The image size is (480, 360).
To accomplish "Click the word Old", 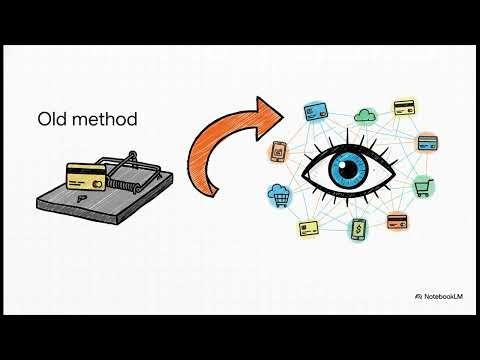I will [x=53, y=119].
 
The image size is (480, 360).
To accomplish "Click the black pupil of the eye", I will [x=351, y=167].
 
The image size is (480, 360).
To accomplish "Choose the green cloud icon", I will [x=364, y=116].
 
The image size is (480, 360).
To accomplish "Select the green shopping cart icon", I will [x=422, y=185].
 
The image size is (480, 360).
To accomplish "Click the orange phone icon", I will [x=279, y=152].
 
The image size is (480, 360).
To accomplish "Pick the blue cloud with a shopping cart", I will [x=279, y=193].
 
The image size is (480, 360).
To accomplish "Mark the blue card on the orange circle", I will [x=427, y=143].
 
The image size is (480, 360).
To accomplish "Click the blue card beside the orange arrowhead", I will [x=317, y=111].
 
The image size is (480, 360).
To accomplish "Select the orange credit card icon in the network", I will [x=398, y=221].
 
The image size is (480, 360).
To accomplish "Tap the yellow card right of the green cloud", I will [x=404, y=106].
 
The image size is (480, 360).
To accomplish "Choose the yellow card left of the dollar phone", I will [x=308, y=228].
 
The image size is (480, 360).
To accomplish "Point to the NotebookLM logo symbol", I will [x=417, y=297].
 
